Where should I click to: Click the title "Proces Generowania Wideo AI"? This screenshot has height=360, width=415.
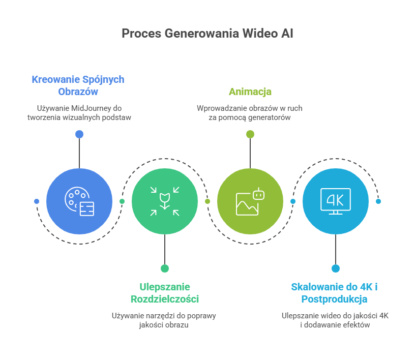[207, 34]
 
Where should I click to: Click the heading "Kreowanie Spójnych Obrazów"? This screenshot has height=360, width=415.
[78, 85]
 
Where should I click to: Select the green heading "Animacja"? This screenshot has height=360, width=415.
[250, 92]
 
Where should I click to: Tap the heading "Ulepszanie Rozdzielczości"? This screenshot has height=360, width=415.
[164, 292]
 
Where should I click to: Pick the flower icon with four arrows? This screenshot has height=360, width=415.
[165, 201]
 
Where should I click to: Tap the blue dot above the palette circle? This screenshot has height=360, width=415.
[79, 134]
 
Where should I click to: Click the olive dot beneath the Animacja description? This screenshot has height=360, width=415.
[250, 134]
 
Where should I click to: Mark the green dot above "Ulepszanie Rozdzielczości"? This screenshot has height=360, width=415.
[165, 268]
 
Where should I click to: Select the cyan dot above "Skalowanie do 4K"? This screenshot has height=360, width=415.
[336, 268]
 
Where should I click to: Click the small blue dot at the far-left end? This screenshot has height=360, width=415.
[37, 201]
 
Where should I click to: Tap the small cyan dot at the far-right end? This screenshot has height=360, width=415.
[378, 201]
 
